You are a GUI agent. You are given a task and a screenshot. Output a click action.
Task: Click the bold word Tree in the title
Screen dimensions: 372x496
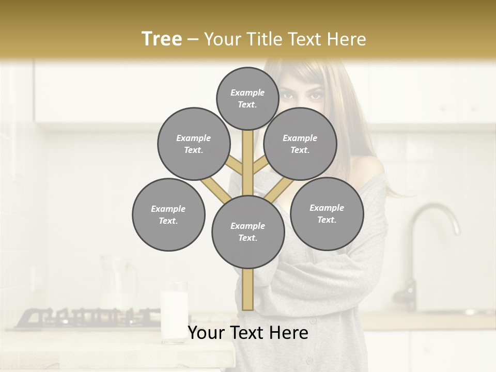click(x=162, y=39)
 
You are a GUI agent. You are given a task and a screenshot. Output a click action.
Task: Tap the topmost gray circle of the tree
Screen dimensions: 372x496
click(x=247, y=98)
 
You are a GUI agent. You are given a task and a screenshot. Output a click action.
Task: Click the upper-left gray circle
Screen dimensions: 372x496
click(x=194, y=144)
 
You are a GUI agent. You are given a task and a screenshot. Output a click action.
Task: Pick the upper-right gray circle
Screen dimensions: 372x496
click(x=300, y=144)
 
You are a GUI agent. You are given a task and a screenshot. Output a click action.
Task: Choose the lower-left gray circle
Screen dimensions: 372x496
click(x=168, y=214)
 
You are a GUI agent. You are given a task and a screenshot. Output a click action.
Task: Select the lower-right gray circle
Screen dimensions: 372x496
click(x=327, y=213)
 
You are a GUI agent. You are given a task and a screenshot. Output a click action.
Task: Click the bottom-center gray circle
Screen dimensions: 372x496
click(x=248, y=231)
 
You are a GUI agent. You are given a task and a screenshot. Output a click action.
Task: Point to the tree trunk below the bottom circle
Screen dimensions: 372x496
click(x=248, y=289)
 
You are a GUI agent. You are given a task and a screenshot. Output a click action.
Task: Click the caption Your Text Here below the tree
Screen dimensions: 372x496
click(x=248, y=333)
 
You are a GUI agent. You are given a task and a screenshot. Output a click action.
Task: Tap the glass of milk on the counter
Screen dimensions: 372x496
click(x=174, y=310)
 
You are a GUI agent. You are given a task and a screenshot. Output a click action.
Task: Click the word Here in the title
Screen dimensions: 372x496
click(x=346, y=39)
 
